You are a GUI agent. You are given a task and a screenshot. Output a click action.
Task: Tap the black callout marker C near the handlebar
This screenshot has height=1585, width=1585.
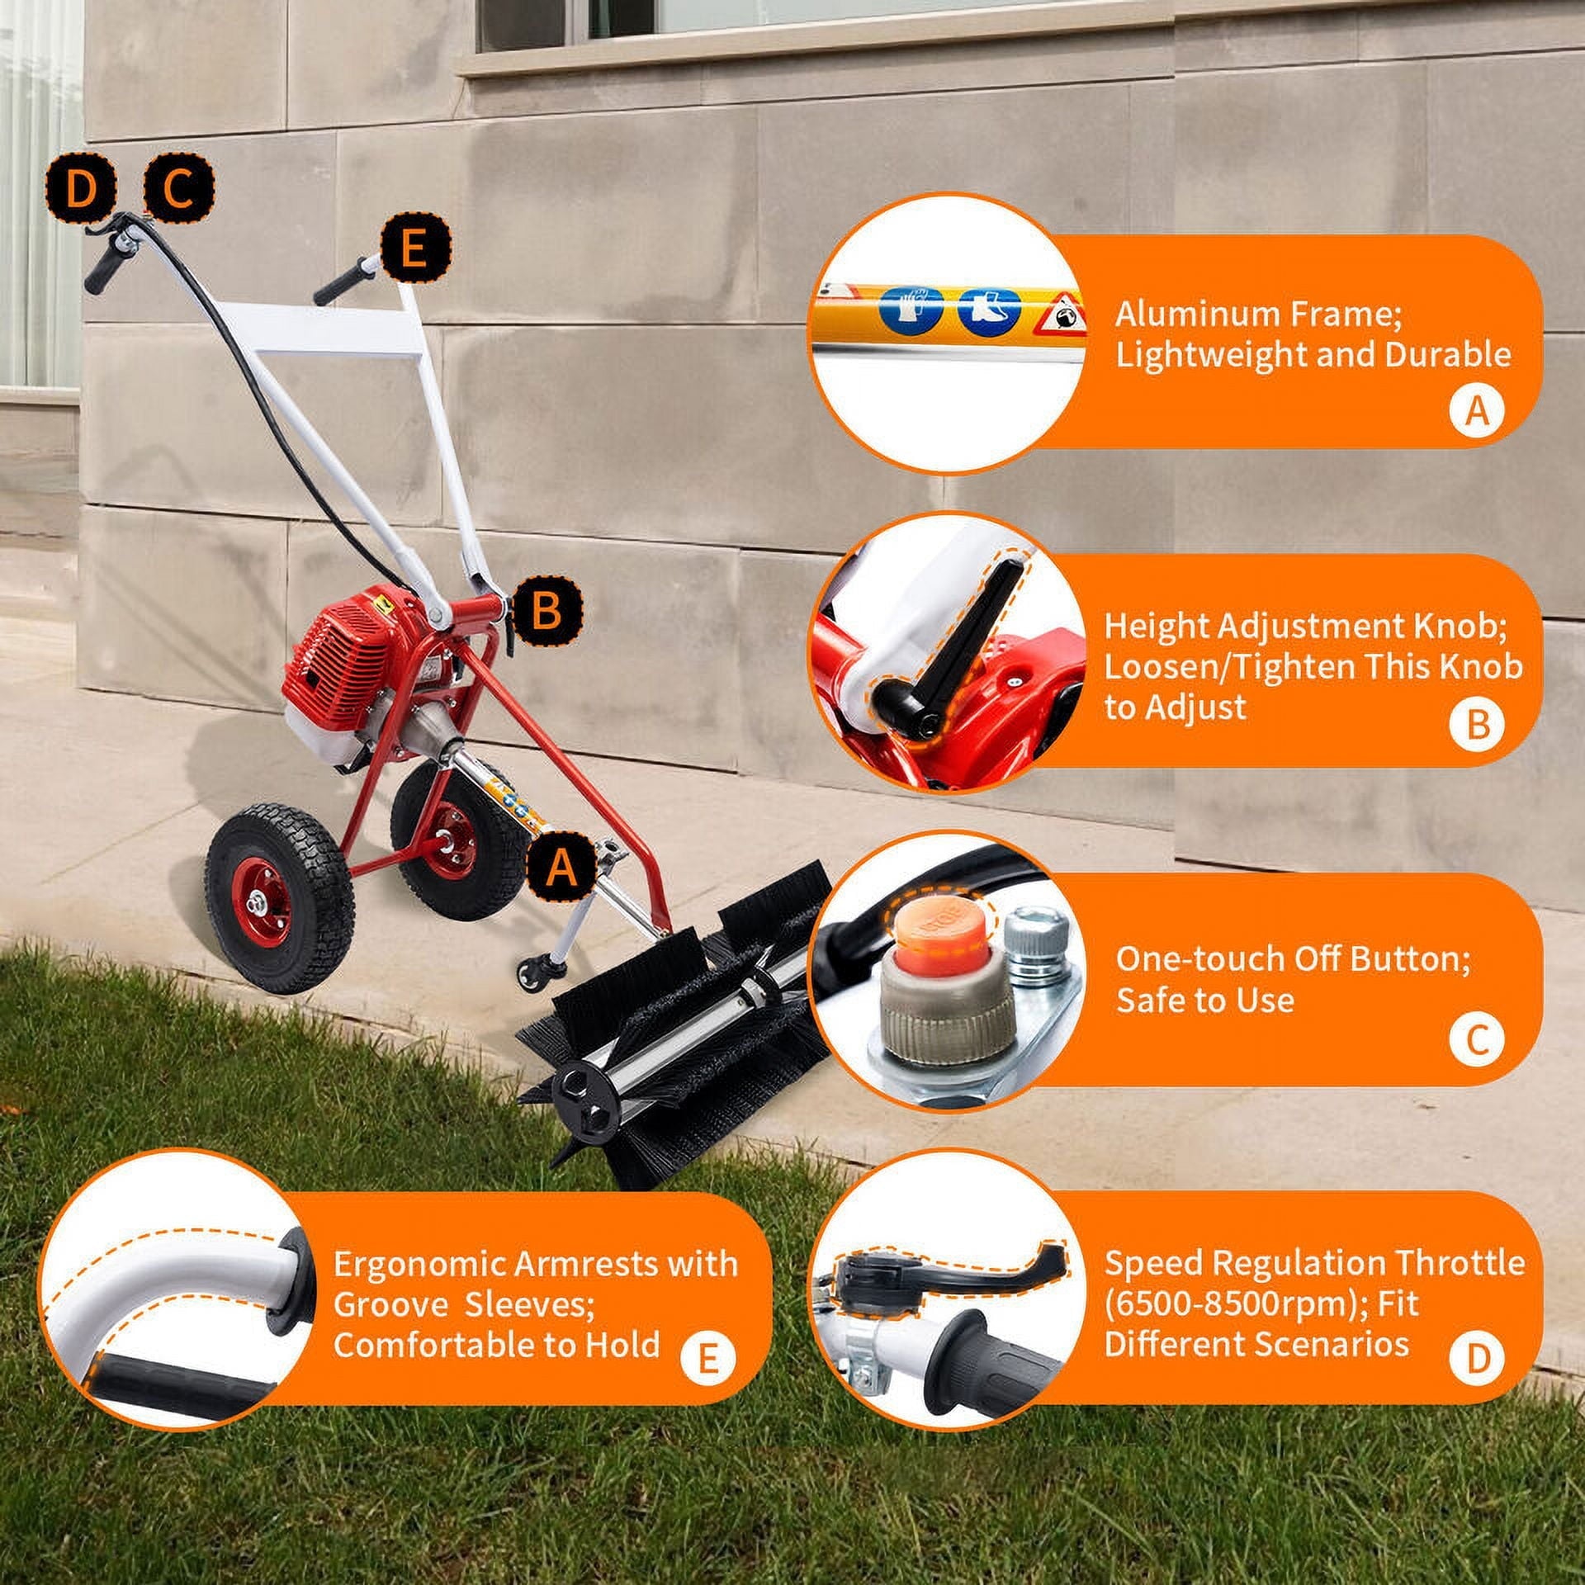click(178, 191)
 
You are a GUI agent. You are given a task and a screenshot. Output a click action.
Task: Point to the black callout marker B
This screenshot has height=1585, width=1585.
click(546, 611)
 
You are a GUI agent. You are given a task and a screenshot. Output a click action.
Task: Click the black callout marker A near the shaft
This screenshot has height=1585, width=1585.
click(562, 868)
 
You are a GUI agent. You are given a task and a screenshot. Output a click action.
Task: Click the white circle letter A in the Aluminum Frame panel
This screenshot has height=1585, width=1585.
click(1477, 409)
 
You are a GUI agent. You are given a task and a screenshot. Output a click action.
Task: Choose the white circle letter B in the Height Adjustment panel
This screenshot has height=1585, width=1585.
click(1477, 723)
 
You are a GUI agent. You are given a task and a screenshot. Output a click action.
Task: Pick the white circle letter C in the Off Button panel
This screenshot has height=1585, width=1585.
click(1477, 1041)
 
